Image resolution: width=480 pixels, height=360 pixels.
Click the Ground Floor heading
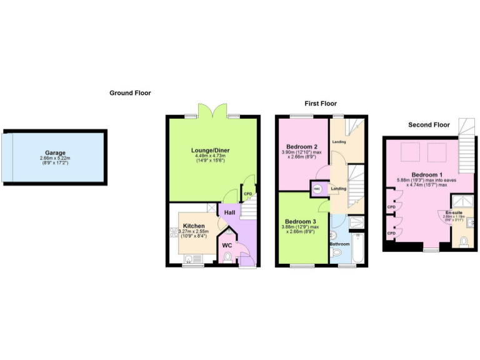click(x=130, y=93)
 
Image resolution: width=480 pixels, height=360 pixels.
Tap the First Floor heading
click(x=320, y=103)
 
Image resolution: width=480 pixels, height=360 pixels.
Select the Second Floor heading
click(x=429, y=124)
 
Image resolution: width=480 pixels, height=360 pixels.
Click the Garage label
click(x=55, y=152)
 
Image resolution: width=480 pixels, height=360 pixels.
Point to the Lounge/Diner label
click(x=211, y=151)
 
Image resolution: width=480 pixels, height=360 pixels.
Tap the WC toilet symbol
click(x=227, y=256)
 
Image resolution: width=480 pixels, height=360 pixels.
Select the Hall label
click(x=229, y=213)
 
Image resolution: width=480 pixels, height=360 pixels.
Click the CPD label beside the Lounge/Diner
click(x=247, y=194)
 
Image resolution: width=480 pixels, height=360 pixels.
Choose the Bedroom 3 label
click(x=300, y=222)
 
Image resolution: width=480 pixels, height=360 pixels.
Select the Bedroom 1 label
click(x=427, y=174)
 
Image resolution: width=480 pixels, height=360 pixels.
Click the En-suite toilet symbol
click(x=463, y=241)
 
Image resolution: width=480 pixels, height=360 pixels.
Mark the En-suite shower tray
click(x=463, y=201)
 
